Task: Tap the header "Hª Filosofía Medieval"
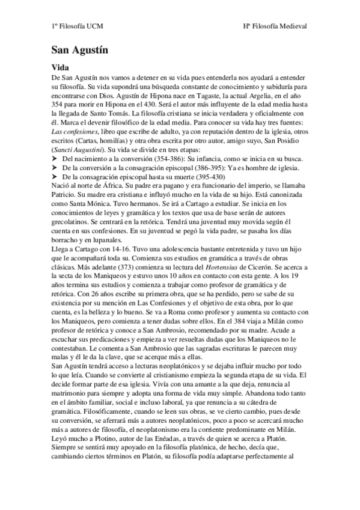pyautogui.click(x=275, y=26)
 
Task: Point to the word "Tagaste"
pyautogui.click(x=212, y=95)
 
